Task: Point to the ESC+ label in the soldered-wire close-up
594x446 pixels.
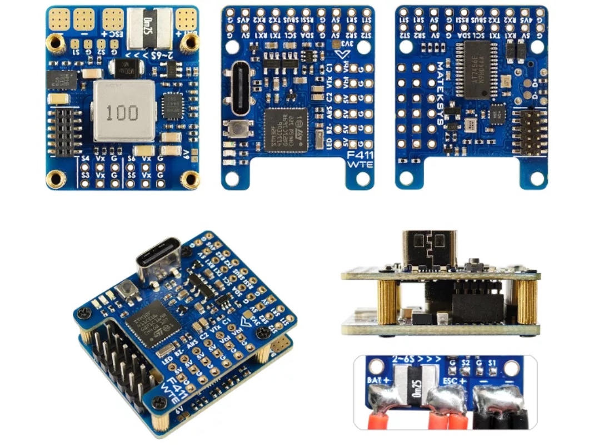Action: click(455, 381)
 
